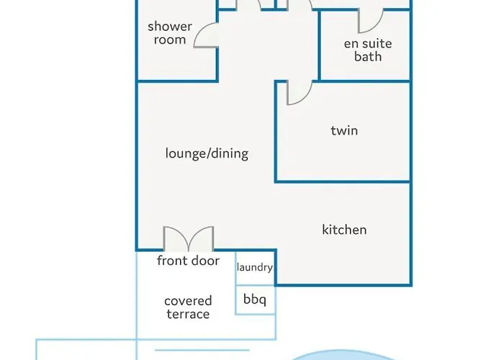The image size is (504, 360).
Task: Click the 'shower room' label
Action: [170, 33]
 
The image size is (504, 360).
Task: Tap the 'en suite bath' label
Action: [368, 50]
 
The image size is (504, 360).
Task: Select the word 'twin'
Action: [344, 130]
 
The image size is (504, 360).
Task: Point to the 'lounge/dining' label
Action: [207, 153]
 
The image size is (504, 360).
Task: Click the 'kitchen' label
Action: [344, 230]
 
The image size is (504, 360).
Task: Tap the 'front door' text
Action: [189, 261]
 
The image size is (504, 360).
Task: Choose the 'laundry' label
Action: [255, 267]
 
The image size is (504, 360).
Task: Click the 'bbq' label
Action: [255, 300]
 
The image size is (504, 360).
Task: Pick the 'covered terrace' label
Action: [188, 307]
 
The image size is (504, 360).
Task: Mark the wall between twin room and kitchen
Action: [343, 181]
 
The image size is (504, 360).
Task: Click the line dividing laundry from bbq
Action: [256, 285]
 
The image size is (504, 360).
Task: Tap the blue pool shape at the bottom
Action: [342, 356]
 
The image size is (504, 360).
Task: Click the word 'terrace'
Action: [188, 314]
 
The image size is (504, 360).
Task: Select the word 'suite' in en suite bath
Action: [378, 43]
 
